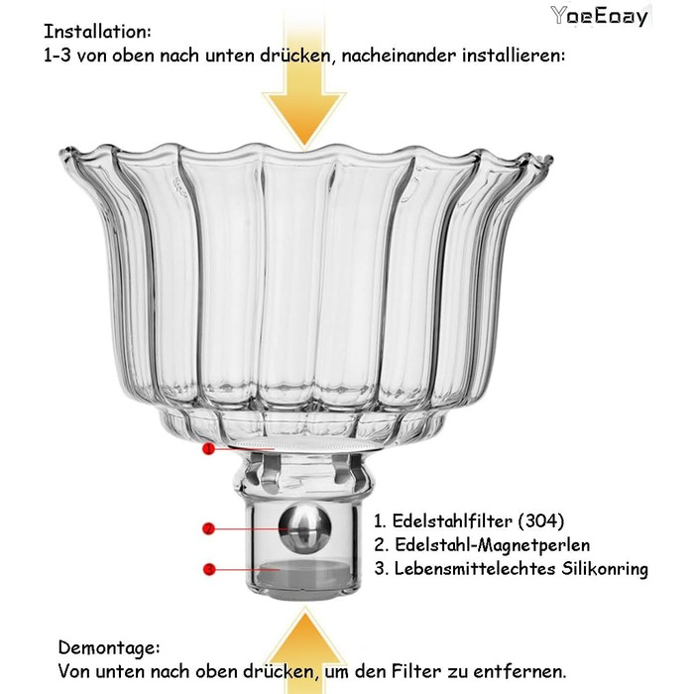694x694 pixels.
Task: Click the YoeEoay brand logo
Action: pos(599,17)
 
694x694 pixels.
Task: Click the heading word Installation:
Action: pos(97,32)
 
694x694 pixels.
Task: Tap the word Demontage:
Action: pos(109,648)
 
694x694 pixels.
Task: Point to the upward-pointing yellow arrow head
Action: pos(305,629)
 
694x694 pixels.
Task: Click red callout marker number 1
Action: pos(208,449)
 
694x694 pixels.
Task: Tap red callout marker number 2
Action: pos(208,528)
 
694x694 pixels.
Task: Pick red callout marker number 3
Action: pos(209,569)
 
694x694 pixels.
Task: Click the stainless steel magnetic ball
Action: pos(304,527)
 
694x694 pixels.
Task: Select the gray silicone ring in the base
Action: pos(304,574)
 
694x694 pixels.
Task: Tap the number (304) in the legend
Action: pos(541,520)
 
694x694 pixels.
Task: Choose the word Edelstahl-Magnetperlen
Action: pos(492,545)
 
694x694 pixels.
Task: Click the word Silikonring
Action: pos(605,569)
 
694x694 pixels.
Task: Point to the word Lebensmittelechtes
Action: pos(475,569)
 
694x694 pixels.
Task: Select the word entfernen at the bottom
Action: pos(520,672)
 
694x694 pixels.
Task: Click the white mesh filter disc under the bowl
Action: pos(305,444)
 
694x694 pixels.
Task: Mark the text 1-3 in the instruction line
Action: pos(58,57)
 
